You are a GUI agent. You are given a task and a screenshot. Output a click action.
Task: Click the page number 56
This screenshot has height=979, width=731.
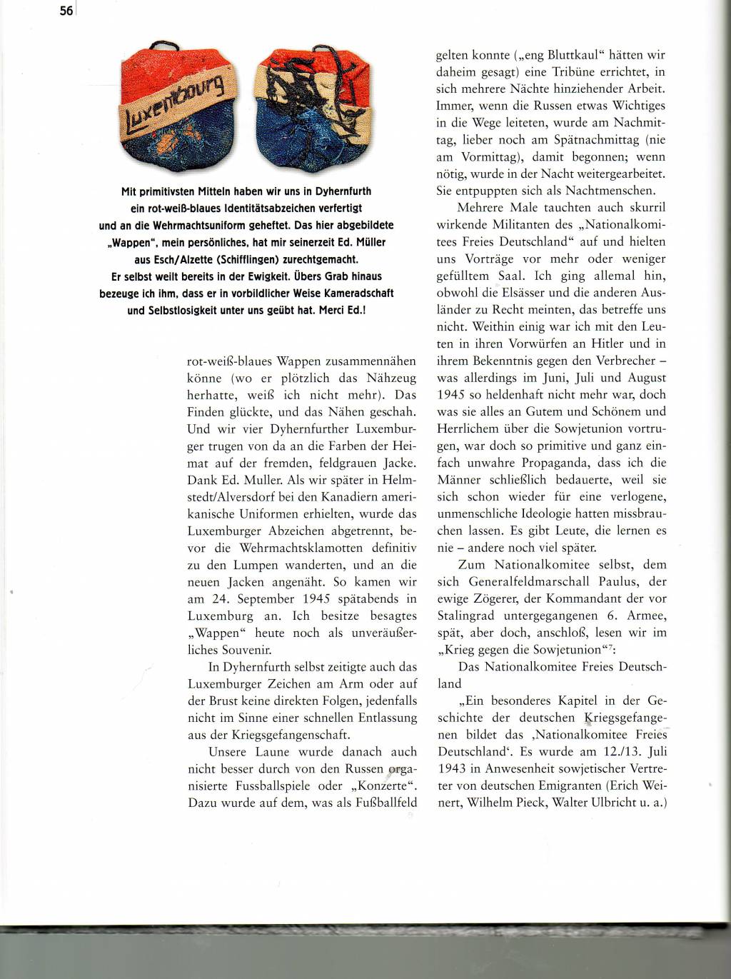point(66,11)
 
